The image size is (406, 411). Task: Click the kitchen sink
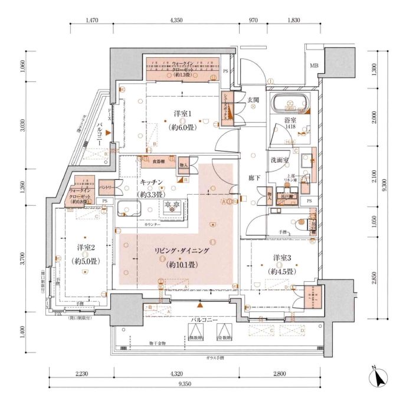point(129,209)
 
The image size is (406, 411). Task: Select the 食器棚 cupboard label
point(159,160)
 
